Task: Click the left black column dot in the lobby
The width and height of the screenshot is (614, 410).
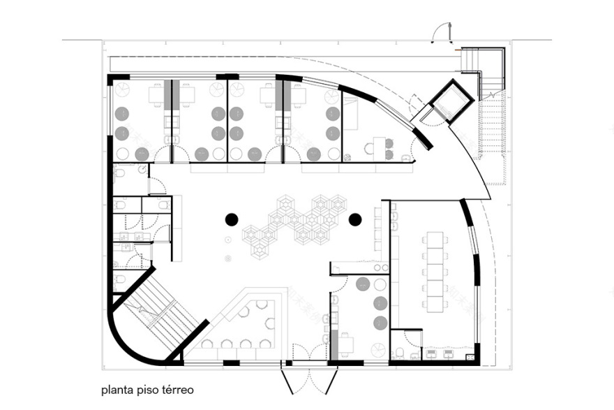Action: pyautogui.click(x=232, y=220)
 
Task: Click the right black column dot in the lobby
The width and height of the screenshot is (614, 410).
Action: pyautogui.click(x=354, y=220)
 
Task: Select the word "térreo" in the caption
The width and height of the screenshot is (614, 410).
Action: pyautogui.click(x=177, y=390)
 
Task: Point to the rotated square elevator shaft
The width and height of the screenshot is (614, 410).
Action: pyautogui.click(x=450, y=101)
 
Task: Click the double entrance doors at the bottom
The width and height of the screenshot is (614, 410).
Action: pyautogui.click(x=310, y=381)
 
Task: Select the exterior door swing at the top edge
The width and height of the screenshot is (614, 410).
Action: pyautogui.click(x=442, y=32)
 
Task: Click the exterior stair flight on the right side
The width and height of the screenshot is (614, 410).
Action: pyautogui.click(x=493, y=136)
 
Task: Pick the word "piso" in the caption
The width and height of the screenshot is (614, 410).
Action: pyautogui.click(x=147, y=390)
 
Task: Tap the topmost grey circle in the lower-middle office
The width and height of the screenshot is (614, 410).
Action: pyautogui.click(x=364, y=284)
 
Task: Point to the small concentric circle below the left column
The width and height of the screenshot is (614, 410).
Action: pyautogui.click(x=228, y=259)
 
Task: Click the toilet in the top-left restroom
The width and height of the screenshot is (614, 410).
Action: pyautogui.click(x=119, y=172)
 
